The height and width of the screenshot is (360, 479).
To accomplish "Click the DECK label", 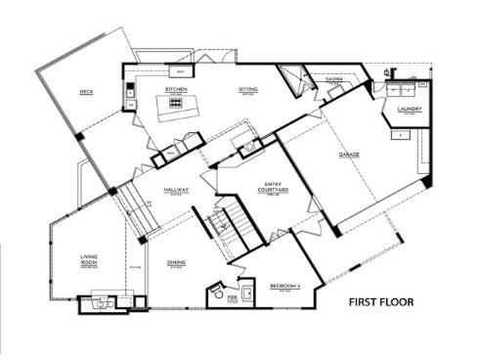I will [x=85, y=94].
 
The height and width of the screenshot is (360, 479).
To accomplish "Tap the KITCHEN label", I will [x=176, y=89].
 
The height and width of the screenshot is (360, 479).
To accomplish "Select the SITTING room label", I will [x=248, y=89].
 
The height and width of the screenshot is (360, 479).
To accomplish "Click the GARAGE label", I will [x=350, y=156].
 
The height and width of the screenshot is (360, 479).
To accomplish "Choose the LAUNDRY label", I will [x=409, y=110].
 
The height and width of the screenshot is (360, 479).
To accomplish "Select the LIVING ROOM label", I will [x=89, y=262].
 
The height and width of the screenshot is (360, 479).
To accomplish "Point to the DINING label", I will [x=176, y=263].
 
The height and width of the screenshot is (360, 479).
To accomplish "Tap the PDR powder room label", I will [x=232, y=297].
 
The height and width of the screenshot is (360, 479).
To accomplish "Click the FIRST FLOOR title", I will [x=381, y=302].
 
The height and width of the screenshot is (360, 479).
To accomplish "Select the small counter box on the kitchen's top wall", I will [x=181, y=70].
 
